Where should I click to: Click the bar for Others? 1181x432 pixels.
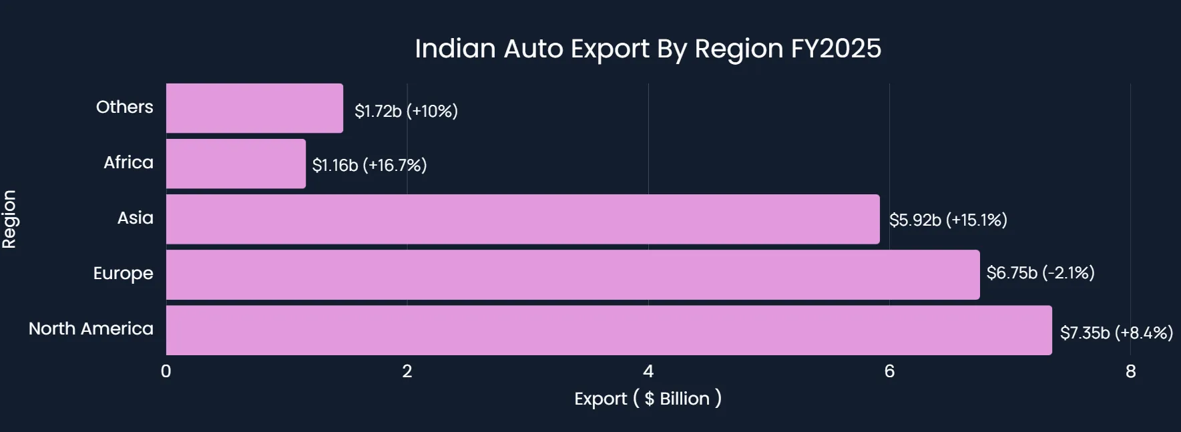point(254,108)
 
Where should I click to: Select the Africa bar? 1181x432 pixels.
point(236,164)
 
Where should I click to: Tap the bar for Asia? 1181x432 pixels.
point(523,219)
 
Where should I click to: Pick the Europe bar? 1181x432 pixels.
point(573,274)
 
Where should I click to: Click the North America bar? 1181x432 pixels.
point(609,330)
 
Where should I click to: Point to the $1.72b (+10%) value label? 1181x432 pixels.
point(406,111)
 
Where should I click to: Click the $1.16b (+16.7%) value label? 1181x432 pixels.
point(369,165)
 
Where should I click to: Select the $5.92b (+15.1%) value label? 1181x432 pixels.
point(948,220)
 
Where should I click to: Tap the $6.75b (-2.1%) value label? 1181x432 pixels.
point(1040,272)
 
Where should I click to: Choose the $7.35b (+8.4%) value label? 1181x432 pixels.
point(1116,333)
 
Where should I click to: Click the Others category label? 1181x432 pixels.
point(125,107)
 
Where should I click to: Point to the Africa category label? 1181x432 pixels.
point(129,162)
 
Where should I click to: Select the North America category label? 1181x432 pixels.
point(91,329)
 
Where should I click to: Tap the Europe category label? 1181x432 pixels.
point(124,273)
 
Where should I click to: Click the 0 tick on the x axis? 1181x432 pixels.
point(166,371)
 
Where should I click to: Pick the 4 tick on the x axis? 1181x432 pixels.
point(648,371)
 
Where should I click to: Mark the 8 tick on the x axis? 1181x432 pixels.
point(1130,371)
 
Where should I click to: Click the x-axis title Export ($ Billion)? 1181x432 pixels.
point(648,399)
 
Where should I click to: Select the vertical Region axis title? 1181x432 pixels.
point(9,219)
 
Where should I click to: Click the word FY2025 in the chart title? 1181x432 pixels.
point(836,49)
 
